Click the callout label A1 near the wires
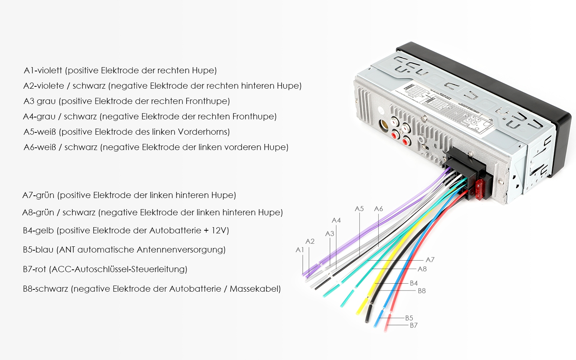click(x=300, y=250)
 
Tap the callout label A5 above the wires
click(x=359, y=209)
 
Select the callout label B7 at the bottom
click(x=414, y=325)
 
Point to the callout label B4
click(x=414, y=283)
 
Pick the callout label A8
click(x=422, y=269)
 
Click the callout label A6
click(x=378, y=209)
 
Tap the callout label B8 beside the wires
click(x=422, y=291)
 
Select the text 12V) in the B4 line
click(x=220, y=230)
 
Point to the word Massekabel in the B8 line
click(x=255, y=289)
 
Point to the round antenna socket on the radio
click(x=384, y=125)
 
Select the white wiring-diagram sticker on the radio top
click(x=445, y=107)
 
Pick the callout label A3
click(x=329, y=234)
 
